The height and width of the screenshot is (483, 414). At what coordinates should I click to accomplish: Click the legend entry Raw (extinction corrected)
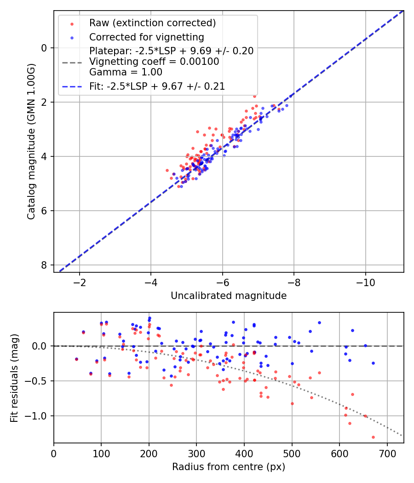pos(152,23)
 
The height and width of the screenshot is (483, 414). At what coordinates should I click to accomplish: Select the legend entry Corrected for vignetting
pos(146,37)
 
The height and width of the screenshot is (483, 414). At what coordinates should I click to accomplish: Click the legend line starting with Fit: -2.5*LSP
pos(157,86)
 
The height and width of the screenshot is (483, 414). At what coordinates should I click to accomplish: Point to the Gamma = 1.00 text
pos(126,72)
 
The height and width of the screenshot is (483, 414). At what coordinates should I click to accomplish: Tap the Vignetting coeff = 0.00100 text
pos(154,62)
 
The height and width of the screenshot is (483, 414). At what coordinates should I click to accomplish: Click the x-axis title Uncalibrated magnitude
pos(229,296)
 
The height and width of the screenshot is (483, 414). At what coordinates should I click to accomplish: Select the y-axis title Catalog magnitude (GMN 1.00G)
pos(31,142)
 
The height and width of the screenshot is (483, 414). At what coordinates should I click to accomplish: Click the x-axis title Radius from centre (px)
pos(229,467)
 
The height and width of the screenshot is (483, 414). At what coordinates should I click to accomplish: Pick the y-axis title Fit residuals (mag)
pos(14,378)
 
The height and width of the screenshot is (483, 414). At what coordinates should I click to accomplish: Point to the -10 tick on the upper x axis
pos(365,281)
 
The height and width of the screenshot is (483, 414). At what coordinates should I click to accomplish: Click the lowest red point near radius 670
pos(373,437)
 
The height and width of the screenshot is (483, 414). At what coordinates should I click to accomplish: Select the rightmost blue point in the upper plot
pos(287,105)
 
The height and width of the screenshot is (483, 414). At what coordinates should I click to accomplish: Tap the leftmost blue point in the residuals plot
pos(76,359)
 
